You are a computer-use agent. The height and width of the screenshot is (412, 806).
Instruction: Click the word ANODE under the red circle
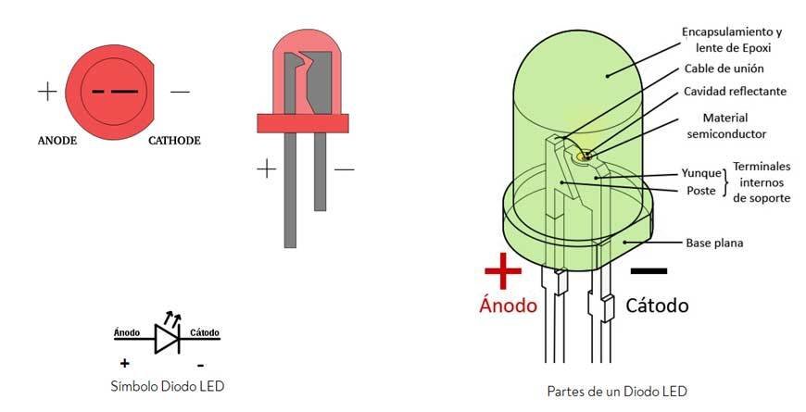pyautogui.click(x=57, y=142)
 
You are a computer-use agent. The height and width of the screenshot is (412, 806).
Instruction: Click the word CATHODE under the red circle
pyautogui.click(x=174, y=142)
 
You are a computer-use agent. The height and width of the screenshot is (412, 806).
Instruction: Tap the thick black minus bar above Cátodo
pyautogui.click(x=649, y=271)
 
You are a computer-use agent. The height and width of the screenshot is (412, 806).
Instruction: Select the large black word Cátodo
pyautogui.click(x=656, y=305)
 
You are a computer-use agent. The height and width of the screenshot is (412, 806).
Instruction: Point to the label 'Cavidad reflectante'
pyautogui.click(x=735, y=92)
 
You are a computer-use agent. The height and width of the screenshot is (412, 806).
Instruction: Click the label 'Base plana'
pyautogui.click(x=714, y=243)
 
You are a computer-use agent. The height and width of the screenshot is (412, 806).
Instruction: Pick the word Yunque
pyautogui.click(x=699, y=173)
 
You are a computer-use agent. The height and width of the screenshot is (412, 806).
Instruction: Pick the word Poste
pyautogui.click(x=703, y=191)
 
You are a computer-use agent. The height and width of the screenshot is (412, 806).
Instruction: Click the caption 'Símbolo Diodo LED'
pyautogui.click(x=167, y=385)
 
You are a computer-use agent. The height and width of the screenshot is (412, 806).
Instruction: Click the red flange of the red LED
pyautogui.click(x=302, y=122)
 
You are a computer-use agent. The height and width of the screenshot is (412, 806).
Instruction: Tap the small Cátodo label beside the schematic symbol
pyautogui.click(x=204, y=331)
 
